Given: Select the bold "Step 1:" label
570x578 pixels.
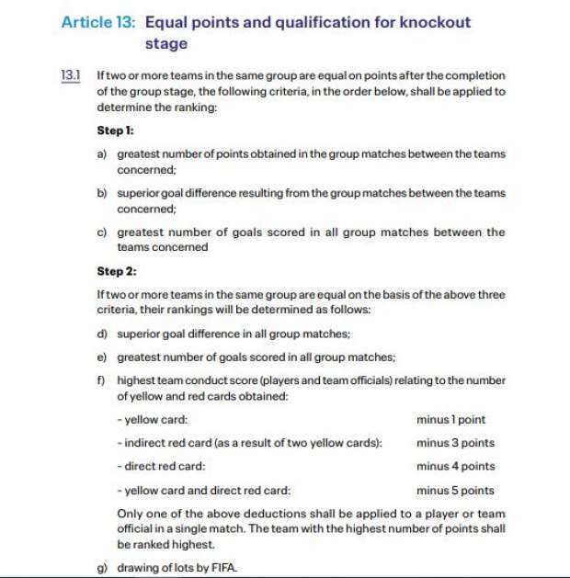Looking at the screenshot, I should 116,131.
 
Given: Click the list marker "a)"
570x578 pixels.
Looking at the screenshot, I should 102,154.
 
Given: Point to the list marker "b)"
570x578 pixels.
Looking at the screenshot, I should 102,194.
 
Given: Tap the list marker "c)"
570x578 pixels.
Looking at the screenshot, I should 102,232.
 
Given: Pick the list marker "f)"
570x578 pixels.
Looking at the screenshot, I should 101,380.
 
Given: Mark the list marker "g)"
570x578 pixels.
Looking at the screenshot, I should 102,568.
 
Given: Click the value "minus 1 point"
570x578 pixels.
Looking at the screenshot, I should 450,419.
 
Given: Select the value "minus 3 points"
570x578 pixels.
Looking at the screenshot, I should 455,443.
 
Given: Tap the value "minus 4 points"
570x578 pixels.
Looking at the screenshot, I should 455,467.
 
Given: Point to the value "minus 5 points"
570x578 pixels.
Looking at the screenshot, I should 455,491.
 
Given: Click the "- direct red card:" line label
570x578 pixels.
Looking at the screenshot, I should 161,467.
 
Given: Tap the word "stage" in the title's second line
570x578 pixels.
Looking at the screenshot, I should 165,43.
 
